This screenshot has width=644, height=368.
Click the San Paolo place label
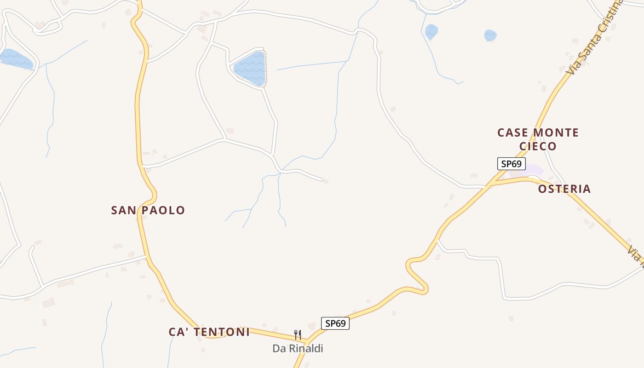(148, 211)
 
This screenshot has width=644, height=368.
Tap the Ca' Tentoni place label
(209, 332)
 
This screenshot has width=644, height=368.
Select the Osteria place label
(564, 189)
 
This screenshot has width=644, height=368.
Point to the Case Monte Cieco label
(538, 139)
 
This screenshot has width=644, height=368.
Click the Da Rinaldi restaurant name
(298, 349)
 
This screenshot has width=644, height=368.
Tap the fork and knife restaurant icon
(298, 334)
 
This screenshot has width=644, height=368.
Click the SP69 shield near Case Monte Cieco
(511, 164)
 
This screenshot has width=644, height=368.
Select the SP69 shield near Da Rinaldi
(335, 323)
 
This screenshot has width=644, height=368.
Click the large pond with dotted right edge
(250, 68)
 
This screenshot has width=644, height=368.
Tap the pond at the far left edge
(16, 59)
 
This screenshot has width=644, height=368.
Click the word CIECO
(538, 146)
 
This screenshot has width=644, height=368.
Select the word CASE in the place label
(512, 133)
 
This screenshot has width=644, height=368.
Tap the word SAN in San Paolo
(124, 211)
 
